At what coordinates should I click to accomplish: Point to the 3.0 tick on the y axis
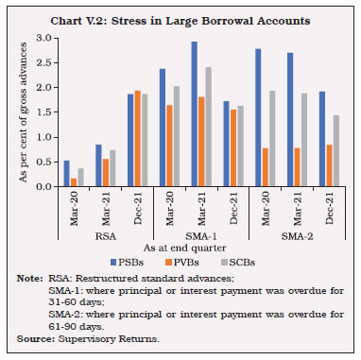43,38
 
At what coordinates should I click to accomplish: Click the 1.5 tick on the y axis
43,112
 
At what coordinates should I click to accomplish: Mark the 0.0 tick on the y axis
43,186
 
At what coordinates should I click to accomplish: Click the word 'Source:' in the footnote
31,335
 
